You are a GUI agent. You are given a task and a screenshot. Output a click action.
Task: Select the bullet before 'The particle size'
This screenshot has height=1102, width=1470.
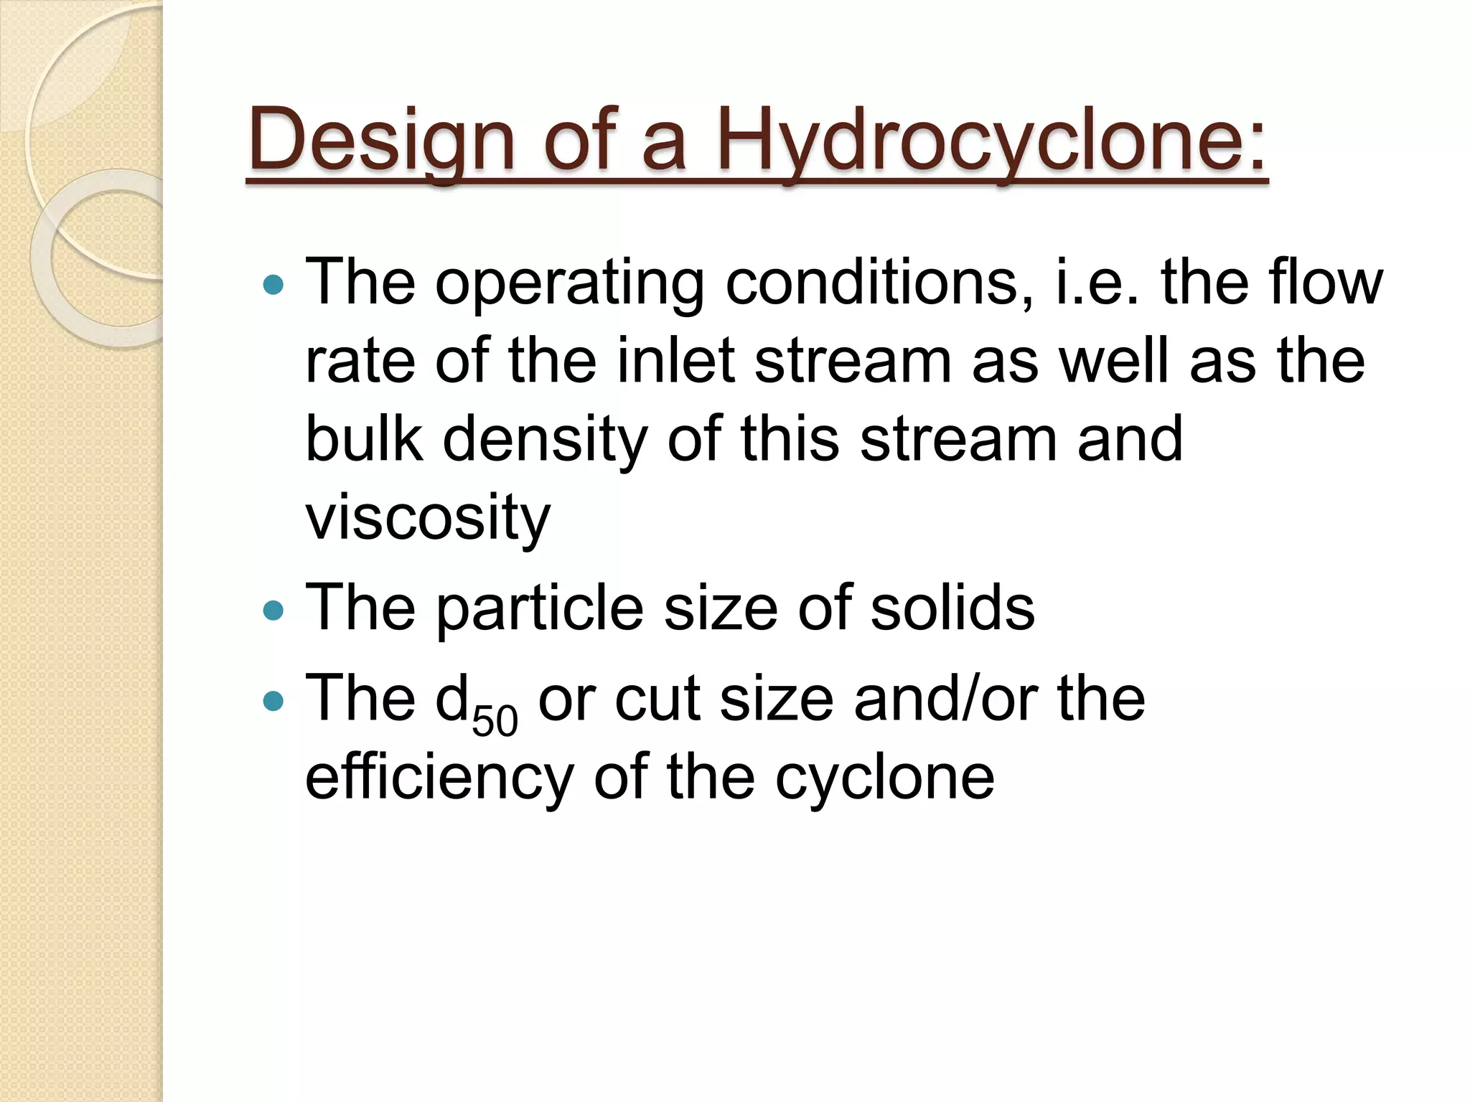coord(273,611)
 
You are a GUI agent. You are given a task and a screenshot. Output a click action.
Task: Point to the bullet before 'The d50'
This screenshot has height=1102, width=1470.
coord(273,700)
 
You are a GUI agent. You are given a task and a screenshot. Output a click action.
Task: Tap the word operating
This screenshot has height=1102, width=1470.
coord(569,285)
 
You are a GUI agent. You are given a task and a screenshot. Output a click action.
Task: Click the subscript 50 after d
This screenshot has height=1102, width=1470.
coord(495,720)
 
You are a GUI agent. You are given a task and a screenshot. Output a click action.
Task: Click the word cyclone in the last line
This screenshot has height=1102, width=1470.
coord(884,779)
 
